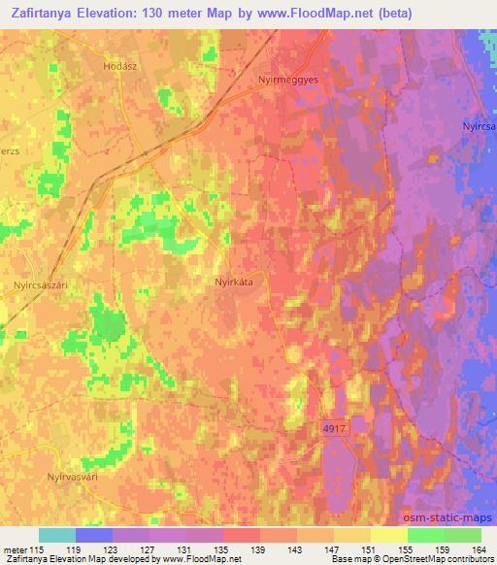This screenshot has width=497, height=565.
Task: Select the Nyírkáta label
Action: [x=233, y=282]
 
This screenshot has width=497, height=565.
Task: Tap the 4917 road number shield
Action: [x=332, y=426]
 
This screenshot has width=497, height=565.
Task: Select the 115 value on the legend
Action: [x=37, y=549]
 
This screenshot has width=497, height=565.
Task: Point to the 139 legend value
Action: [x=259, y=549]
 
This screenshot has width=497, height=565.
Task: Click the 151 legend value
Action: [x=371, y=549]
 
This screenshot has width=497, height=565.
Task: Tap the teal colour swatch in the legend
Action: [x=56, y=535]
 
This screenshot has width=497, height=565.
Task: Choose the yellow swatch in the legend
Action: [x=388, y=535]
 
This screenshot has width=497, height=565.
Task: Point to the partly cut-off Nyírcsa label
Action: [x=479, y=127]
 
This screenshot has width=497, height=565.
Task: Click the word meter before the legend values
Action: [x=14, y=549]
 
